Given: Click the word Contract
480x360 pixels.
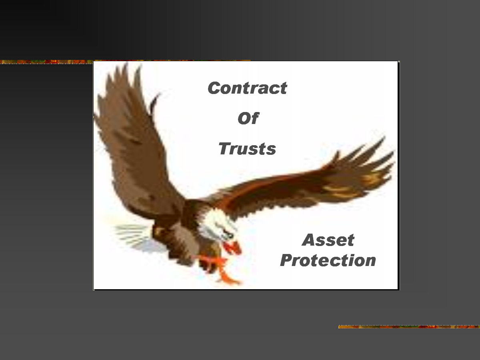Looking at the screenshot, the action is point(247,88).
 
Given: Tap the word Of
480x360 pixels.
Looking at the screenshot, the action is point(248,118).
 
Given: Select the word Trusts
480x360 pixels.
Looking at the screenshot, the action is point(247,149).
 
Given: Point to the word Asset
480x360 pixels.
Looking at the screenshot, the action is point(328,240).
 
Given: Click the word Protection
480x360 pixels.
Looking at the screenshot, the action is point(328,260).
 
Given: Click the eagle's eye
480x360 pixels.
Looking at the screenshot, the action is point(230,235).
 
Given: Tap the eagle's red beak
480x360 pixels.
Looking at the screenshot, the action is point(232,248).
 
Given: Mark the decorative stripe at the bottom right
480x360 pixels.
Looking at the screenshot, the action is point(409,327).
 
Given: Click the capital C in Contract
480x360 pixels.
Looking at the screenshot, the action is point(214,88).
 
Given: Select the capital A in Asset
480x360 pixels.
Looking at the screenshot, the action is point(308,240).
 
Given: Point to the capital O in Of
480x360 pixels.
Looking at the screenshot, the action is point(244,118).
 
